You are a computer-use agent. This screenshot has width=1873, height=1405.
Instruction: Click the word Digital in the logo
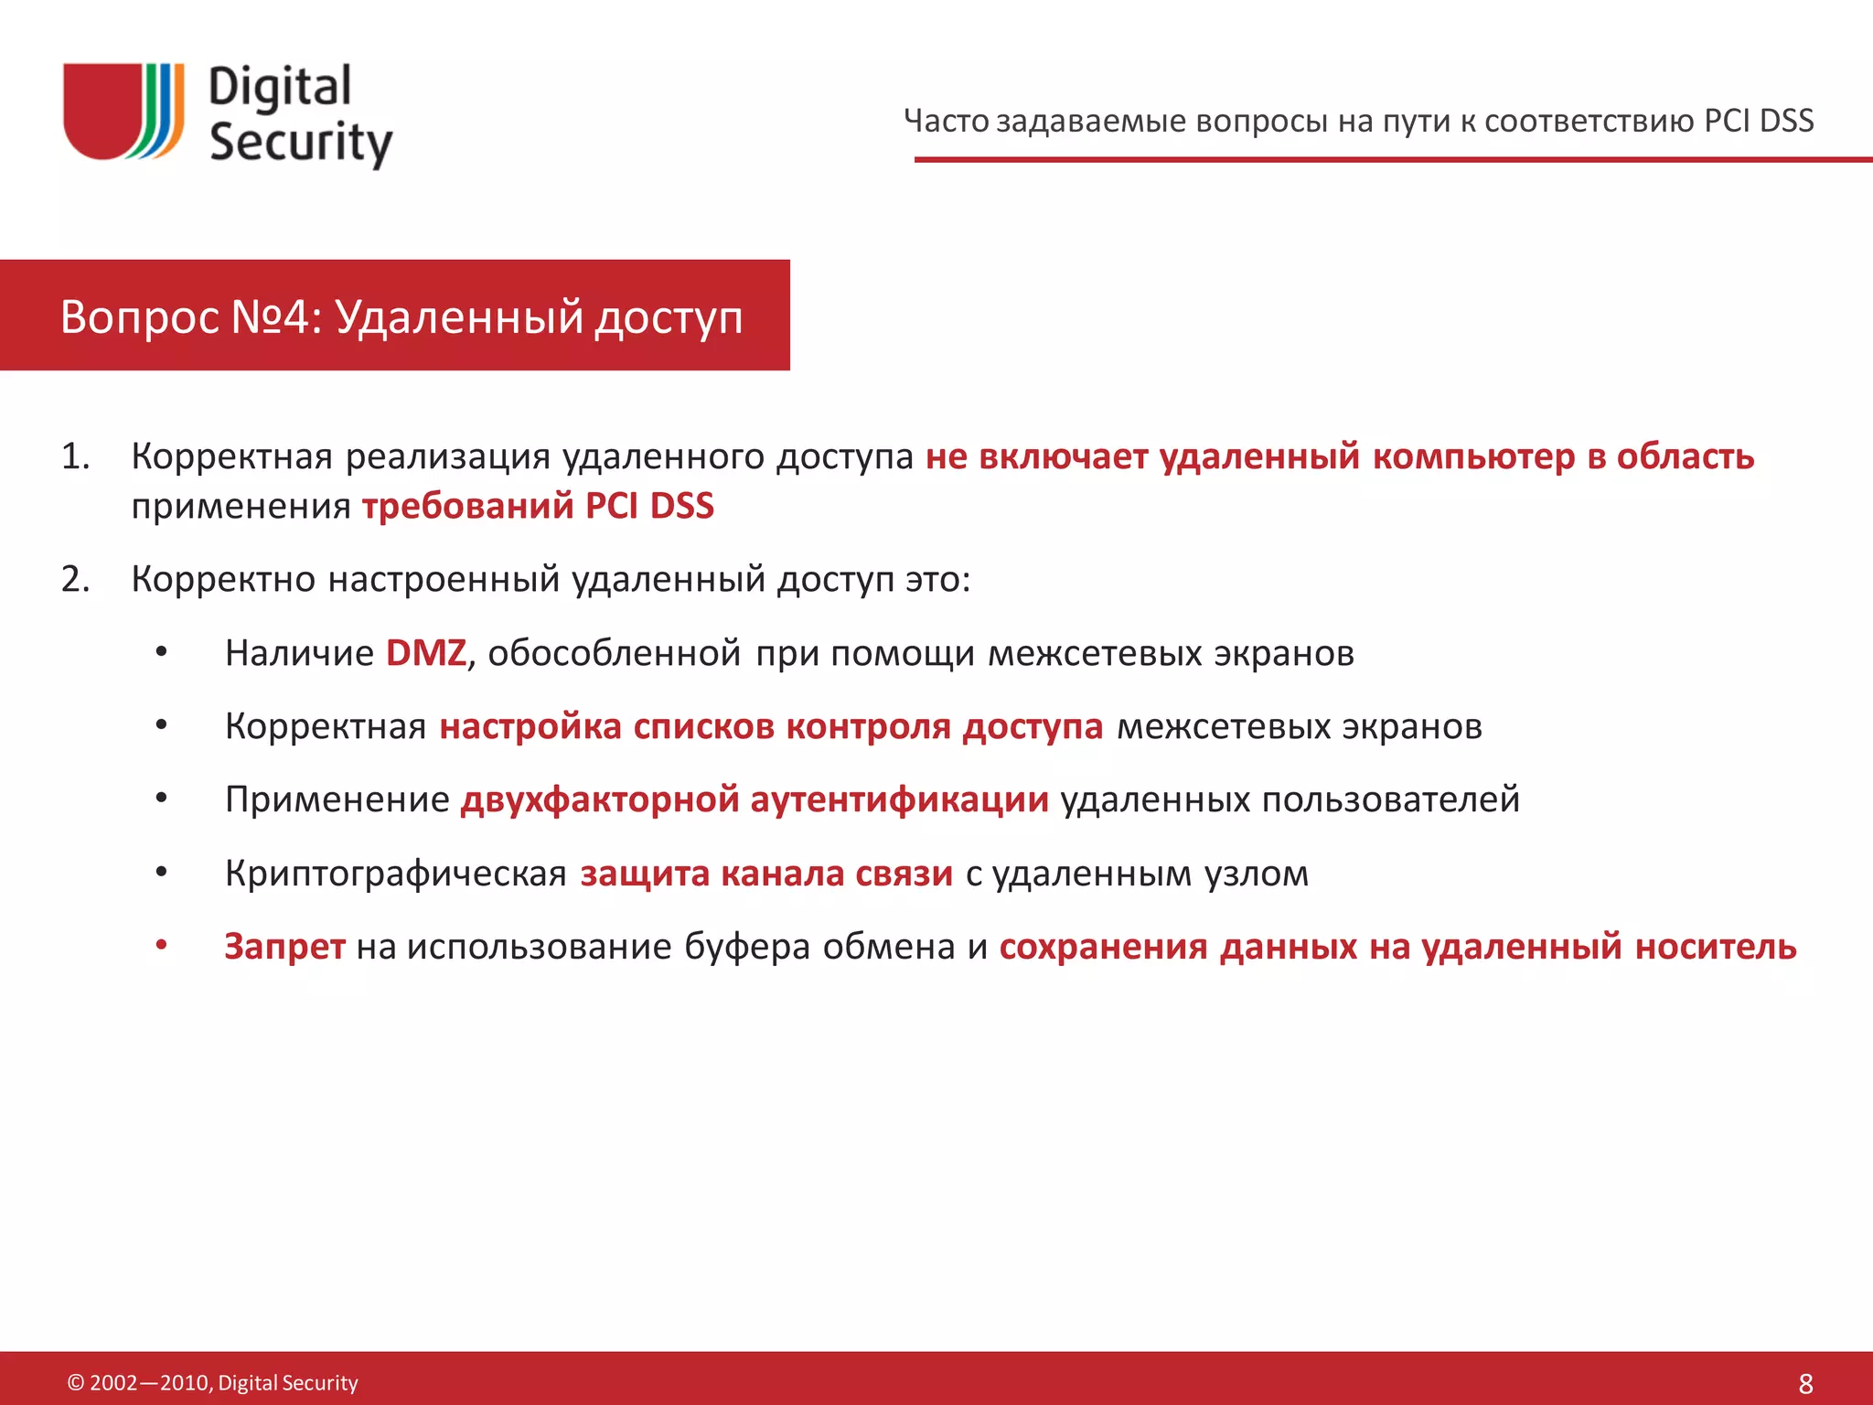pos(280,88)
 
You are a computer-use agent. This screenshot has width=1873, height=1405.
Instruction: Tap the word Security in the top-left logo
pos(300,142)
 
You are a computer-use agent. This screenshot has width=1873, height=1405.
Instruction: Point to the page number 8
pos(1805,1383)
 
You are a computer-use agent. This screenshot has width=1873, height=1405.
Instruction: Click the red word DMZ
pos(426,653)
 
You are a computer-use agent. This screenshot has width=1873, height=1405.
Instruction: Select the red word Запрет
pos(284,946)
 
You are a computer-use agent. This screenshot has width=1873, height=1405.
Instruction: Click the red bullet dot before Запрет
pos(161,945)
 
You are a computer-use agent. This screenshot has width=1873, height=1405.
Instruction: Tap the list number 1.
pos(75,456)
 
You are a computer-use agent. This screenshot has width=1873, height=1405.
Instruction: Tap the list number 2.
pos(75,579)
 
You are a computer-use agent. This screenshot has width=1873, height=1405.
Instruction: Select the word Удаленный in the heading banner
pos(459,316)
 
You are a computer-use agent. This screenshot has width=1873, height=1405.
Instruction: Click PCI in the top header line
pos(1726,121)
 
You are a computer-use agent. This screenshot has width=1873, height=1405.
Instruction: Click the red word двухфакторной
pos(600,799)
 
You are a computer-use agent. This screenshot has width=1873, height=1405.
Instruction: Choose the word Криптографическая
pos(396,874)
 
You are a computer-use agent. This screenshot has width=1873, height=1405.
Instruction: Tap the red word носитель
pos(1716,946)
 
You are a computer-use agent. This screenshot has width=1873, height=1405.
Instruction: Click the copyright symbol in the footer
pos(76,1383)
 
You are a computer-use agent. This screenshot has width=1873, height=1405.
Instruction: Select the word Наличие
pos(299,653)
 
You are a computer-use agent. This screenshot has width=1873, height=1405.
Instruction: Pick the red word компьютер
pos(1473,456)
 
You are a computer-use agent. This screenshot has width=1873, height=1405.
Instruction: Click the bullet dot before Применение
pos(161,799)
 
